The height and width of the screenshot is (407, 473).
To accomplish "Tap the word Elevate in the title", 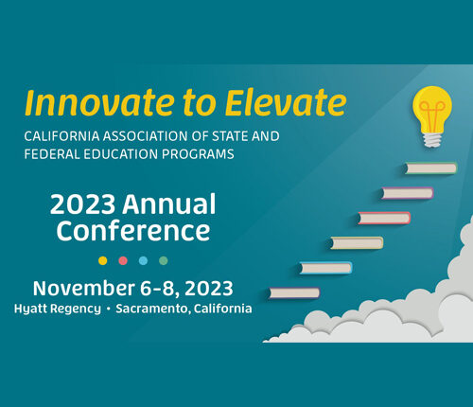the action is click(x=286, y=102).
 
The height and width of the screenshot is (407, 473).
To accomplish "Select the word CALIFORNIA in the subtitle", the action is click(x=61, y=136).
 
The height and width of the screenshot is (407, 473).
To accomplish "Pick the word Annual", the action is click(x=169, y=204).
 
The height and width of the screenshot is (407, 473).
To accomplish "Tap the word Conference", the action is click(x=133, y=230).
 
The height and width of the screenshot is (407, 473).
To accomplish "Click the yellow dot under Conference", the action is click(x=103, y=260).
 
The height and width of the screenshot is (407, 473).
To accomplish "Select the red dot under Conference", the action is click(x=123, y=260).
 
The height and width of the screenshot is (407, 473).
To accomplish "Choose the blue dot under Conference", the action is click(x=143, y=260).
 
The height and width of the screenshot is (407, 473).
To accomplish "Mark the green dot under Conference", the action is click(x=164, y=260).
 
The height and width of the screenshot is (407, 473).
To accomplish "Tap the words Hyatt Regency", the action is click(x=58, y=309).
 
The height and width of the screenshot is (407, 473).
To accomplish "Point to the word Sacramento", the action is click(x=152, y=309).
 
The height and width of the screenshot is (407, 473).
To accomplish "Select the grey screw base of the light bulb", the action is click(x=432, y=139).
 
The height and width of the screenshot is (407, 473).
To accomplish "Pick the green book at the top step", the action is click(x=430, y=168).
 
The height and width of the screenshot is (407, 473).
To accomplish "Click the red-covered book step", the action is click(x=384, y=218).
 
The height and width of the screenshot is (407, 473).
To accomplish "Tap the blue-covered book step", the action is click(x=325, y=268).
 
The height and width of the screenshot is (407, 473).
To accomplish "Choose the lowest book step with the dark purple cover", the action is click(x=294, y=293).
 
